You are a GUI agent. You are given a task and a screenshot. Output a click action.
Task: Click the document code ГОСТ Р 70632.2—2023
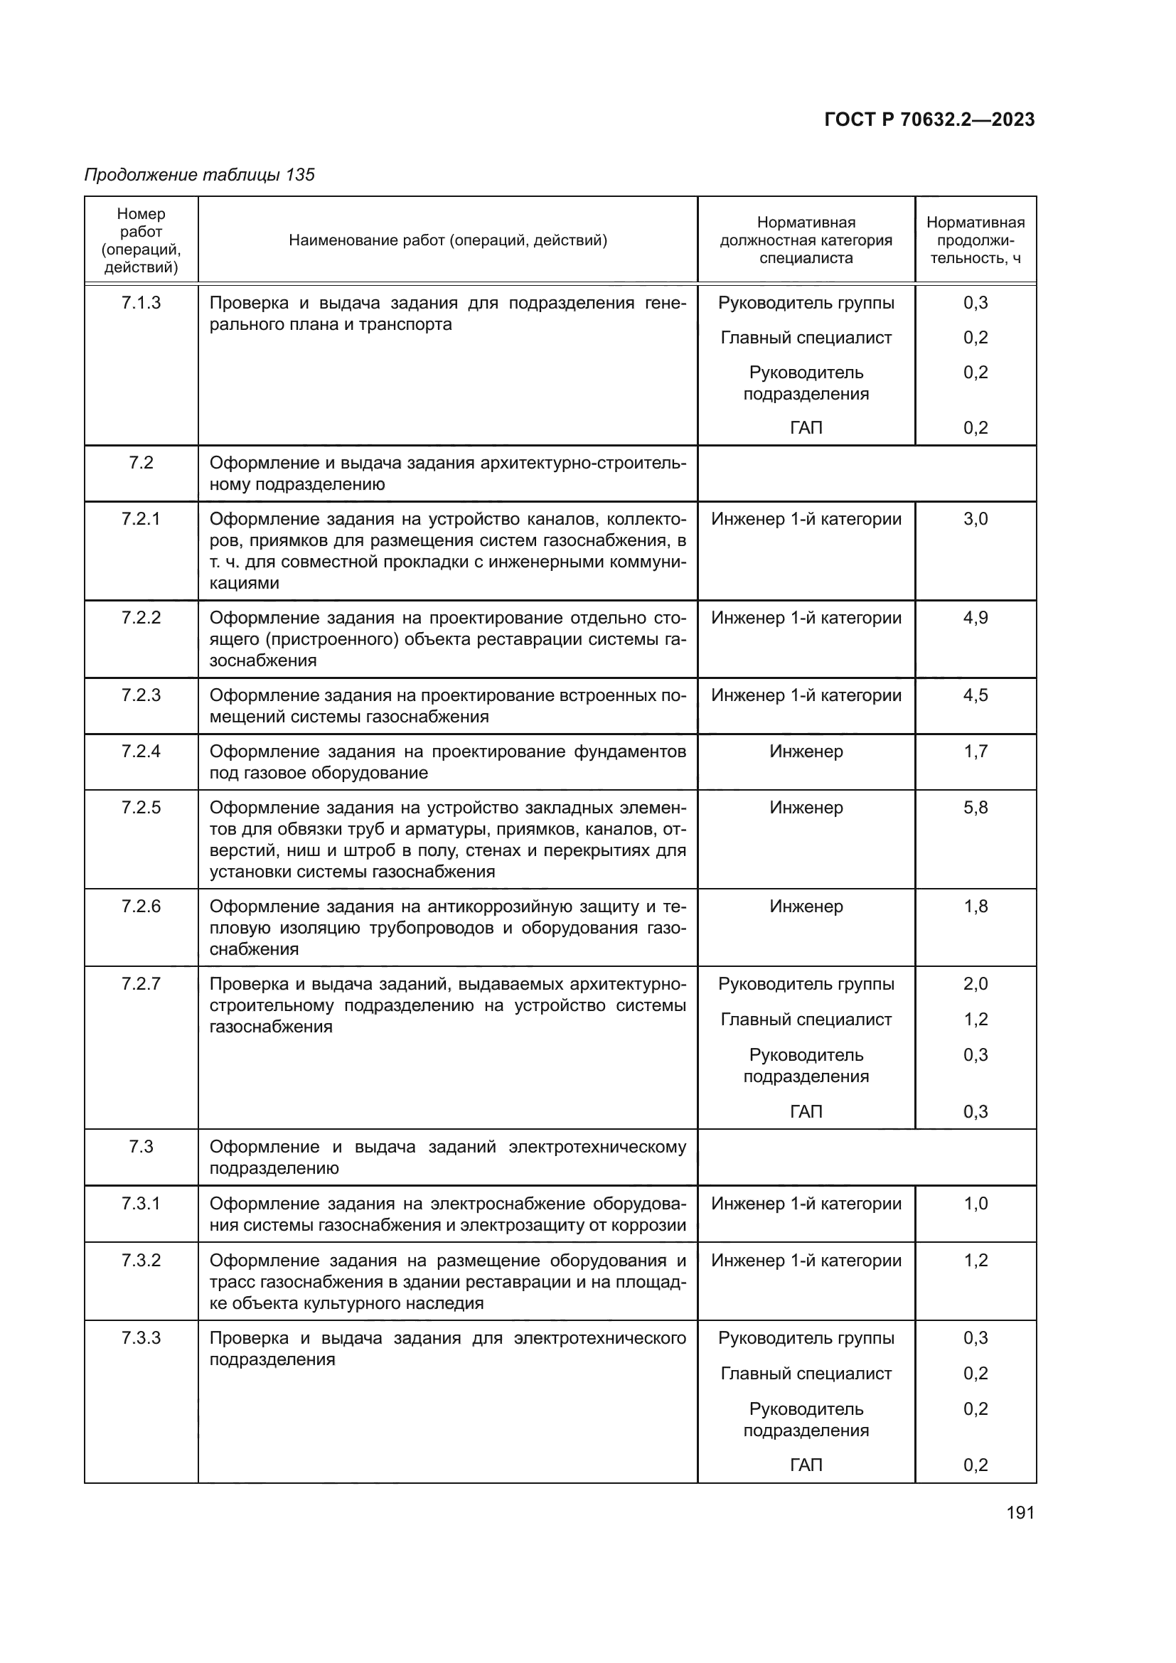tap(929, 119)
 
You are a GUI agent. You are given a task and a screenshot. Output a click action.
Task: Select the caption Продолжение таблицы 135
tap(200, 175)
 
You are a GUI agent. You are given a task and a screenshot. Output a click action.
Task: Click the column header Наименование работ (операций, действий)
tap(447, 240)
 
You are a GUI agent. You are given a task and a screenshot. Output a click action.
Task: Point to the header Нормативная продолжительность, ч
tap(975, 240)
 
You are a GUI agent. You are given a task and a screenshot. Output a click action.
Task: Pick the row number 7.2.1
tap(141, 518)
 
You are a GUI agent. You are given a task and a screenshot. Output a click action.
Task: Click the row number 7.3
tap(141, 1147)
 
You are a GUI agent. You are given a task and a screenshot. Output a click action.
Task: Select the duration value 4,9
tap(975, 618)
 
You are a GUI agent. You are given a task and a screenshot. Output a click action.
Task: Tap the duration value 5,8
tap(975, 808)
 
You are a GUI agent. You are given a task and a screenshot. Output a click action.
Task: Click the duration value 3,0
tap(975, 518)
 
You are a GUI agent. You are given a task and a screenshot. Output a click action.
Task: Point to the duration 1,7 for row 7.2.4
tap(975, 751)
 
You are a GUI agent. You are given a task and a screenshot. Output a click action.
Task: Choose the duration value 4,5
tap(975, 695)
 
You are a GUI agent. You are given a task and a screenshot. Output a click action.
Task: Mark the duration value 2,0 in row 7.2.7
tap(975, 983)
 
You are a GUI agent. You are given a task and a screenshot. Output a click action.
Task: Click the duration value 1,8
tap(975, 906)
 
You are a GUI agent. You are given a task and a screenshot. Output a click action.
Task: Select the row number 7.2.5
tap(141, 808)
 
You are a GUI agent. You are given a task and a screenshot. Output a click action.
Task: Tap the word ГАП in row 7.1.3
tap(806, 427)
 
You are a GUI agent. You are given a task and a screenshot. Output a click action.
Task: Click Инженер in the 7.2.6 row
tap(806, 906)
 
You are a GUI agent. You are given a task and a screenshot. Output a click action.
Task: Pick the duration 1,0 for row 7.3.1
tap(975, 1204)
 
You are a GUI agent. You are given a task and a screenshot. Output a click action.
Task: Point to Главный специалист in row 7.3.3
tap(806, 1374)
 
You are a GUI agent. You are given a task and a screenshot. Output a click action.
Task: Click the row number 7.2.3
tap(141, 695)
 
